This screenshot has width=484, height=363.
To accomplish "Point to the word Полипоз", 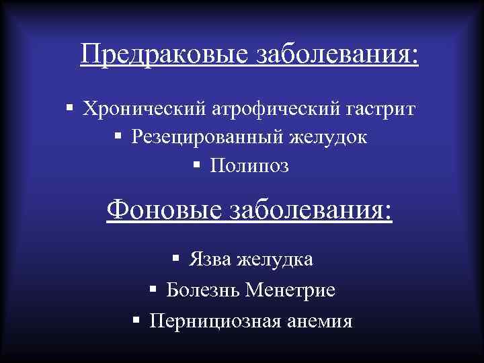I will [x=249, y=165].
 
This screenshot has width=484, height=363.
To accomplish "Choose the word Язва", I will [x=209, y=259].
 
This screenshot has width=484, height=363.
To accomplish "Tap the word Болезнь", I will [x=204, y=290].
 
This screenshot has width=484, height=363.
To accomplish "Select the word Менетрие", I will [x=291, y=290].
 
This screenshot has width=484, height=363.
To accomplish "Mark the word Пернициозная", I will [x=211, y=321].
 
